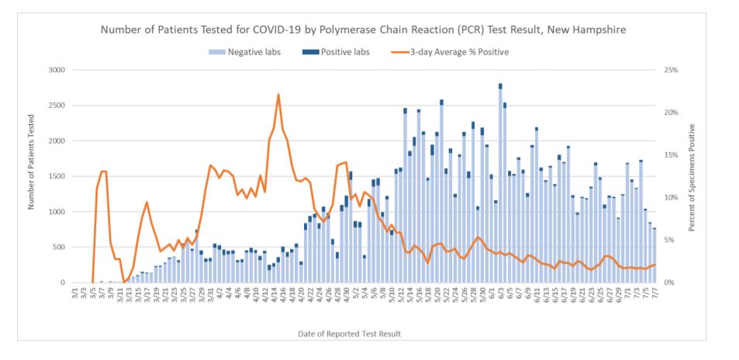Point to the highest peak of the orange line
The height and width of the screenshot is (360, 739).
point(278,95)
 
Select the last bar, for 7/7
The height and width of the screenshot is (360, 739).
point(654,255)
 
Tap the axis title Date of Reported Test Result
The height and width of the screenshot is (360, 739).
point(349,334)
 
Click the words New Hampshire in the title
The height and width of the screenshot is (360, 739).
point(584,29)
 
